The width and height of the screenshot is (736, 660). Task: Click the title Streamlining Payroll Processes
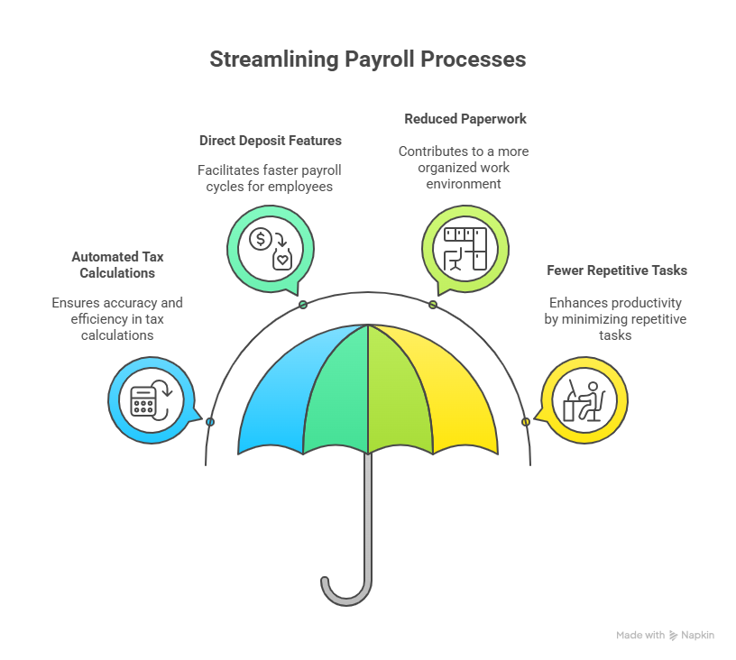click(367, 60)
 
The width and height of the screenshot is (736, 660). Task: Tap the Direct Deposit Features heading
click(270, 141)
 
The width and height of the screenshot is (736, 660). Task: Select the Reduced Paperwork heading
click(465, 118)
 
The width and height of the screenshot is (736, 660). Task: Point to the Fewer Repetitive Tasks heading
click(617, 270)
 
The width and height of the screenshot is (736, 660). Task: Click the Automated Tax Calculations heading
click(117, 264)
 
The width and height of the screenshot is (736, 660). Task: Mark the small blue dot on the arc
click(210, 422)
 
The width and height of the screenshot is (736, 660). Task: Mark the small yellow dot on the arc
click(525, 422)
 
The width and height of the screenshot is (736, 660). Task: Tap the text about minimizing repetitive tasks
click(615, 318)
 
